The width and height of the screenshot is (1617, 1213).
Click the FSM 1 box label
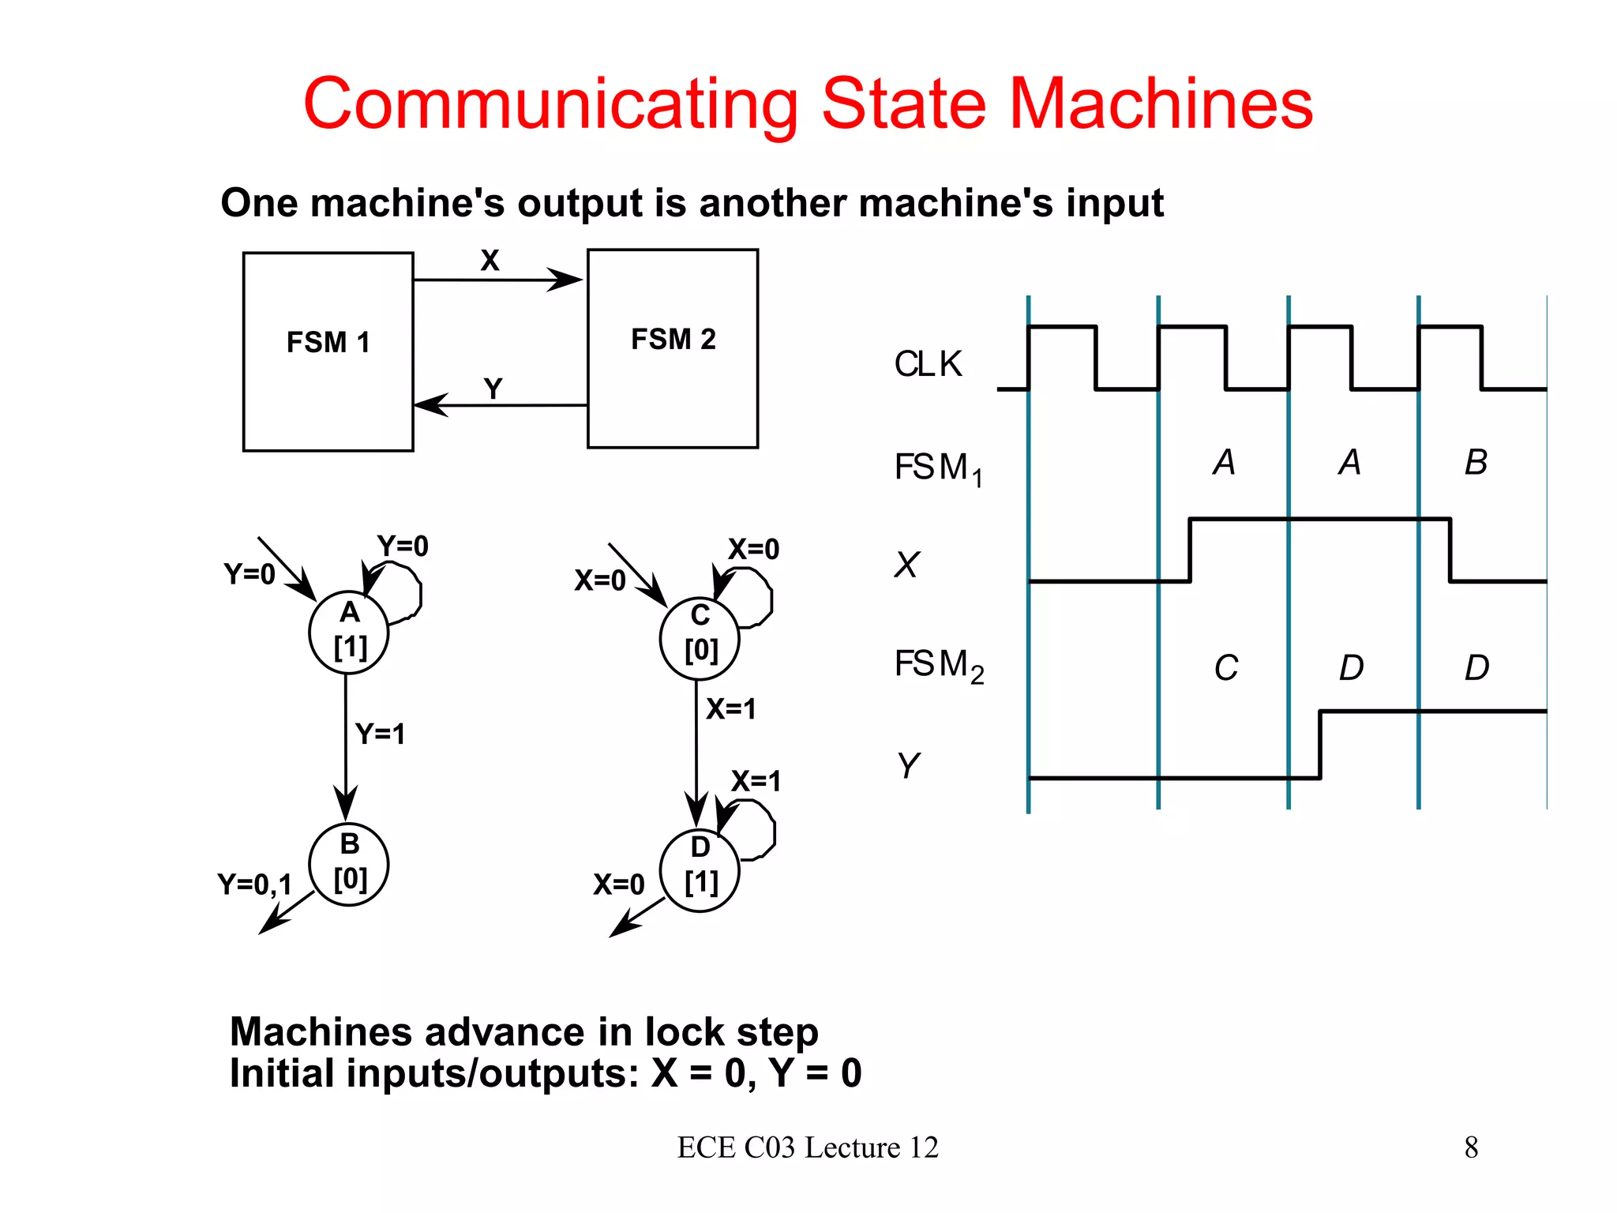[x=328, y=343]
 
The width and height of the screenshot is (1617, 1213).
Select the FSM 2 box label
[x=673, y=340]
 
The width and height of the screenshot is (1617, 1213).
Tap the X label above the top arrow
[x=490, y=261]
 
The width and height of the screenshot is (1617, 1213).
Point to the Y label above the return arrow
[x=493, y=389]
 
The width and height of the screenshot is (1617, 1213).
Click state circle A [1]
[x=349, y=632]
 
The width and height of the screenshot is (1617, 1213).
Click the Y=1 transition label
[x=380, y=734]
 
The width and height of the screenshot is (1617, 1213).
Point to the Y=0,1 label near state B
[x=254, y=884]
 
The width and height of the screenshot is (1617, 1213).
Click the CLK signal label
[x=928, y=365]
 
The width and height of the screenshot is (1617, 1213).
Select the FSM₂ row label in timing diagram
[x=938, y=666]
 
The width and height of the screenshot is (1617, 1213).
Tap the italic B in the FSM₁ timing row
[x=1476, y=463]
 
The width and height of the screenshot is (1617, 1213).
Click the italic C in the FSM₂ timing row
[x=1225, y=668]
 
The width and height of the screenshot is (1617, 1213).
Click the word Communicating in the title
[x=550, y=104]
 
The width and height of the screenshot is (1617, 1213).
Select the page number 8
[x=1471, y=1147]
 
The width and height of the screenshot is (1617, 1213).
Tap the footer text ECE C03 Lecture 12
[x=808, y=1147]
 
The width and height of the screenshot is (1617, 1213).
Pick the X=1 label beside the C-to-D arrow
[x=730, y=709]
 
